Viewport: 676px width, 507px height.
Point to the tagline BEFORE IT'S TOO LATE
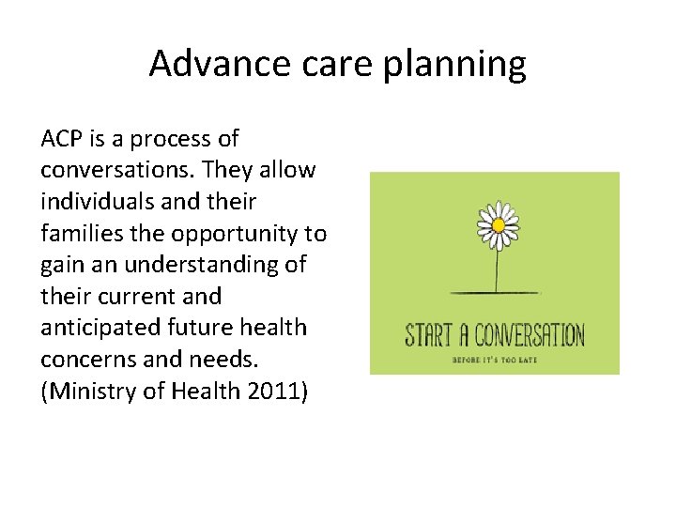pos(495,360)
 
